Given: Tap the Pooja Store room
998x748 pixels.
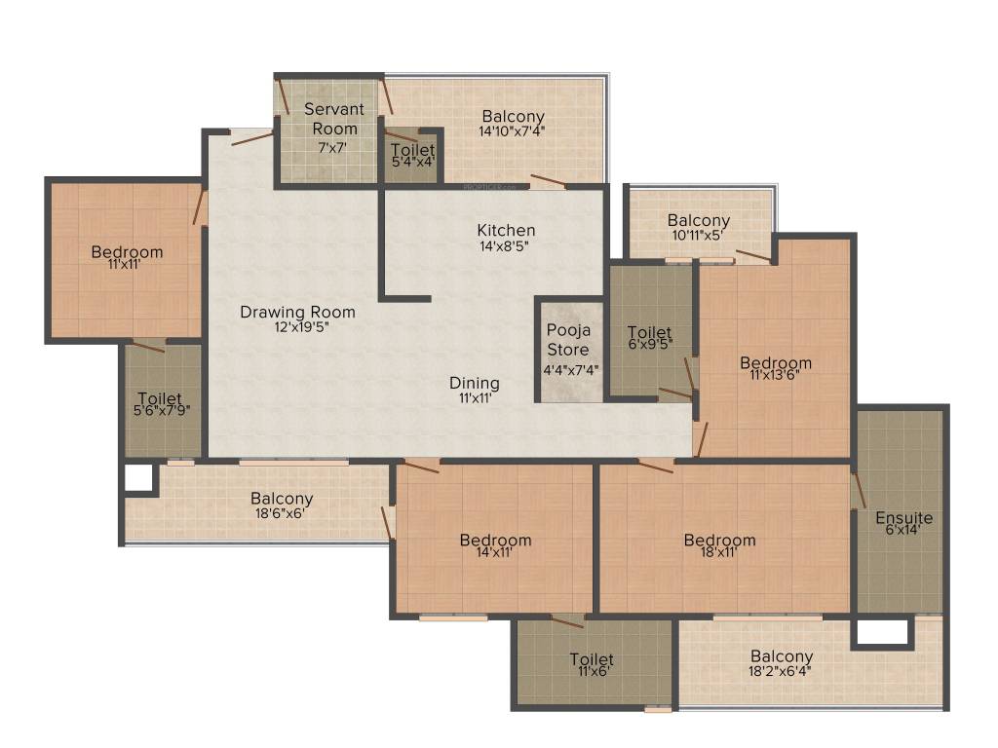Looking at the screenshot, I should pyautogui.click(x=568, y=349).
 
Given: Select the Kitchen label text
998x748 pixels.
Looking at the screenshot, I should pyautogui.click(x=506, y=230).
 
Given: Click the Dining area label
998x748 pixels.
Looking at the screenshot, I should pyautogui.click(x=474, y=383).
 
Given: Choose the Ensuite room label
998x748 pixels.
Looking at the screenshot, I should pyautogui.click(x=903, y=517).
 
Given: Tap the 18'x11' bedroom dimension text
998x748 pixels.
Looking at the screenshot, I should pyautogui.click(x=719, y=552).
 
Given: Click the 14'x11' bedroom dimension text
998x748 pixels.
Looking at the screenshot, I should pyautogui.click(x=495, y=552).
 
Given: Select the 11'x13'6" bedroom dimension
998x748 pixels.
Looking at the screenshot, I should pyautogui.click(x=775, y=375).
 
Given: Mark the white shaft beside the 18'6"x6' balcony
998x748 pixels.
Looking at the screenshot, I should pyautogui.click(x=138, y=478).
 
